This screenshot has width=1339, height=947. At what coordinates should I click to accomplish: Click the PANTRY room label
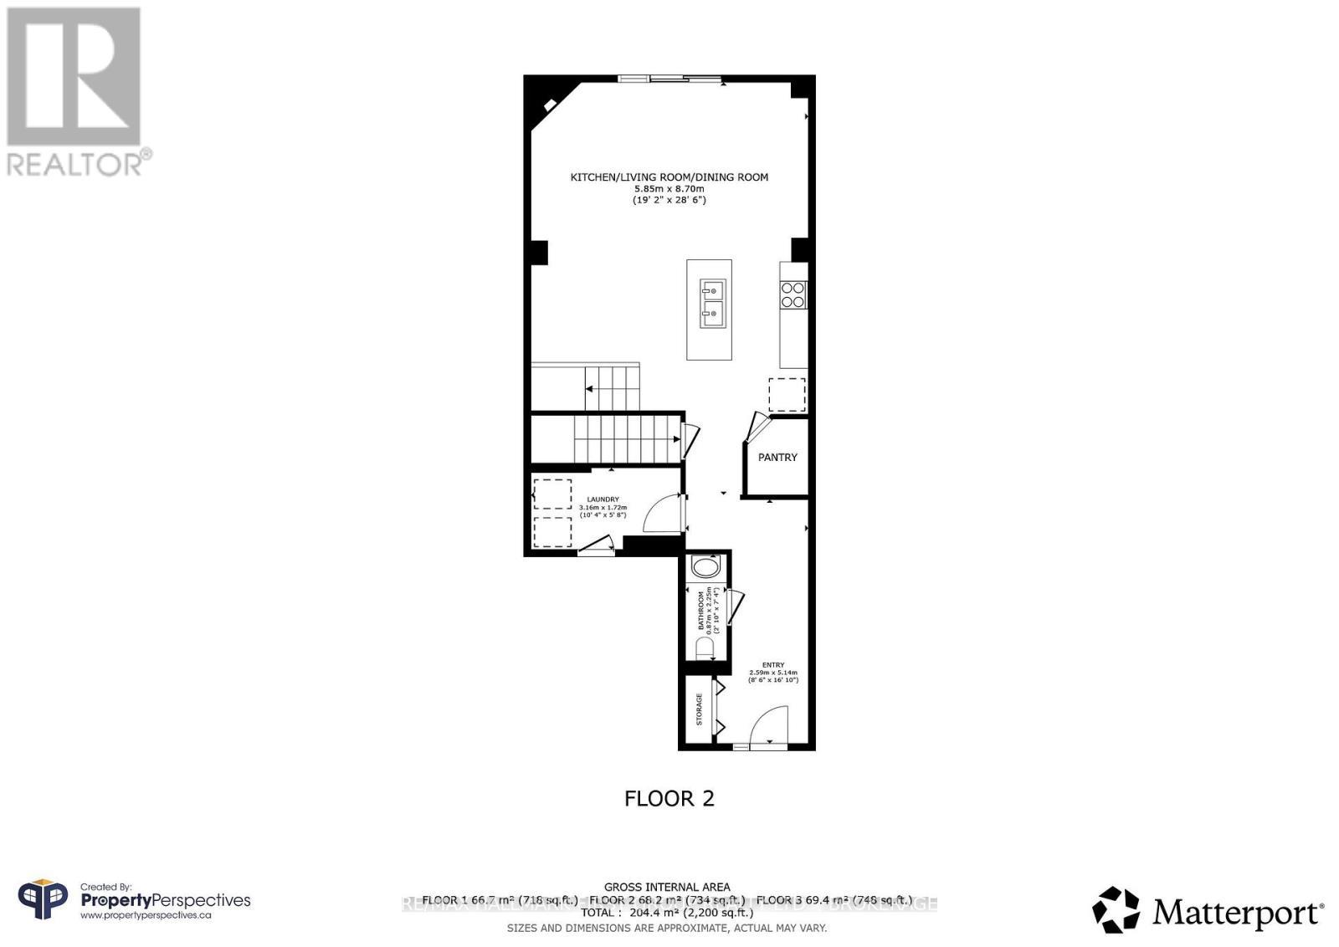point(777,458)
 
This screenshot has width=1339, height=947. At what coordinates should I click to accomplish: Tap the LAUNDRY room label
point(603,499)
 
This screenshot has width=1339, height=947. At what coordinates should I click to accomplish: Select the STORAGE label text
point(700,709)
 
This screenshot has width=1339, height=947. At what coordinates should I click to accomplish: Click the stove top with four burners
point(793,294)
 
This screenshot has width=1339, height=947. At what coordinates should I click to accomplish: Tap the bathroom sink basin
point(706,568)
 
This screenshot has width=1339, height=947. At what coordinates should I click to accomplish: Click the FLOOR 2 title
point(669,798)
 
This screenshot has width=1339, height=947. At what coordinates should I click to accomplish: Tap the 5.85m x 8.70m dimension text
point(669,189)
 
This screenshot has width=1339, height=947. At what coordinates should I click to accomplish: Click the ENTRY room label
point(773,665)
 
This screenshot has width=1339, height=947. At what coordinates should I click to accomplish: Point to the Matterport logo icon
point(1116,909)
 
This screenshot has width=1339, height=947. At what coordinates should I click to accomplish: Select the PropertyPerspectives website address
point(146,916)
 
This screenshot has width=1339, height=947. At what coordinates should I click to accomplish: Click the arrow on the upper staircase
point(590,389)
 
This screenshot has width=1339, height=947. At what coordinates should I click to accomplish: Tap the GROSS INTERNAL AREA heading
point(667,887)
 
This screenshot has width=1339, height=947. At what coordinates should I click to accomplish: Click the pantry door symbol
point(757,426)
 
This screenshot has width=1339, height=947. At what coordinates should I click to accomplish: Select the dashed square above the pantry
point(787,395)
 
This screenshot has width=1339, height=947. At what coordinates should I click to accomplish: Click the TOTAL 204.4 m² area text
point(667,914)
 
